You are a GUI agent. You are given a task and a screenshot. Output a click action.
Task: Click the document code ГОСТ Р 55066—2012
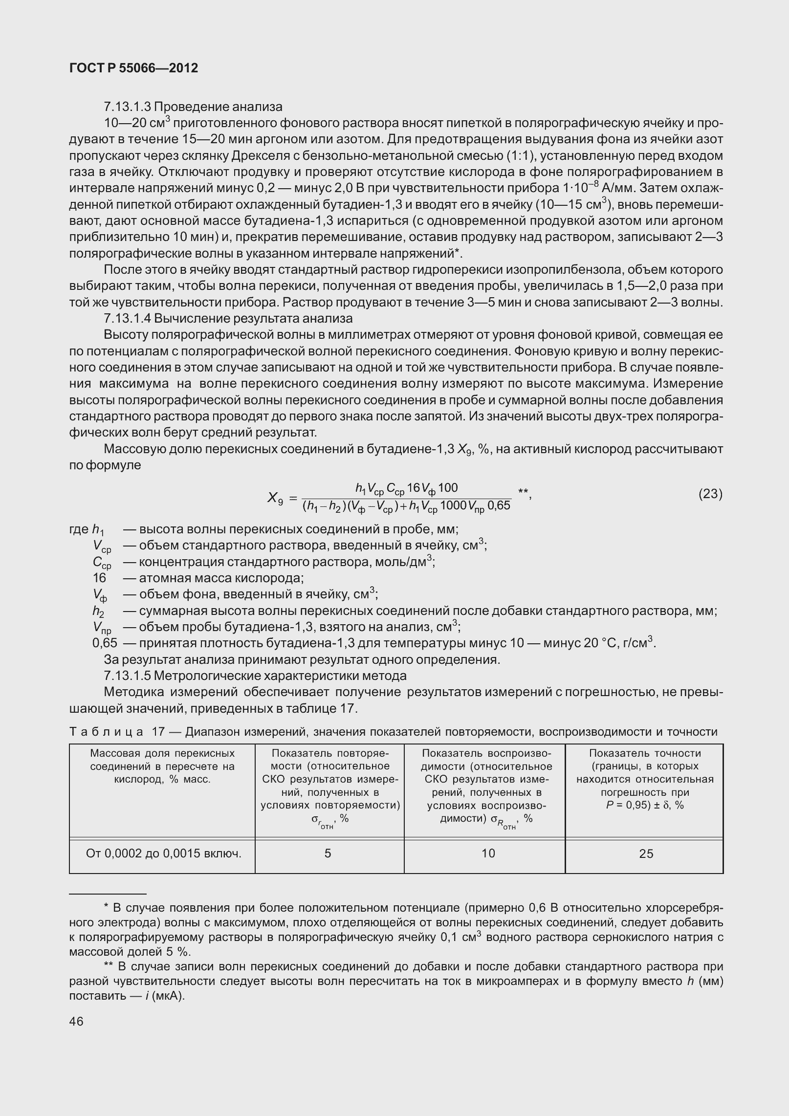133,68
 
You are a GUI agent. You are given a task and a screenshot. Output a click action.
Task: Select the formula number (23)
710,494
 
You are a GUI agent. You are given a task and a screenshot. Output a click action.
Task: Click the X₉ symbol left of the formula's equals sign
275,498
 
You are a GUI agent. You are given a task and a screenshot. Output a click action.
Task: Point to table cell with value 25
646,853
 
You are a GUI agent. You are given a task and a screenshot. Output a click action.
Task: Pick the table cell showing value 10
488,853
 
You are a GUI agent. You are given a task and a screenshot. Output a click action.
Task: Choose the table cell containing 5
328,853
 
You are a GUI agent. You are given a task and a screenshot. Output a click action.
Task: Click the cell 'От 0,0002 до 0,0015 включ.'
164,853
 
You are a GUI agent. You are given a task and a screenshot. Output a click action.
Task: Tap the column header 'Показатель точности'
645,753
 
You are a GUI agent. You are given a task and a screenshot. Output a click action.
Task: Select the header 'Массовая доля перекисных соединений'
162,760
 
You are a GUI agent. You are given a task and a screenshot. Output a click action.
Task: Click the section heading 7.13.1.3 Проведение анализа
193,107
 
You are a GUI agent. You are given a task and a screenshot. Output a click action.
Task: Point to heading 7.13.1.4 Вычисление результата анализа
228,319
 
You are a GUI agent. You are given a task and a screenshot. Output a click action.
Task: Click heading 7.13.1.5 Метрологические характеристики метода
255,676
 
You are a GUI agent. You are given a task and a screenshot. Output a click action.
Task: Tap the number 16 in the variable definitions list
99,578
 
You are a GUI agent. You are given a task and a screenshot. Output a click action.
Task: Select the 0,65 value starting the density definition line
105,643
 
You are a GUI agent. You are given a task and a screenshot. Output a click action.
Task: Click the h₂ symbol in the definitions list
98,612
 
